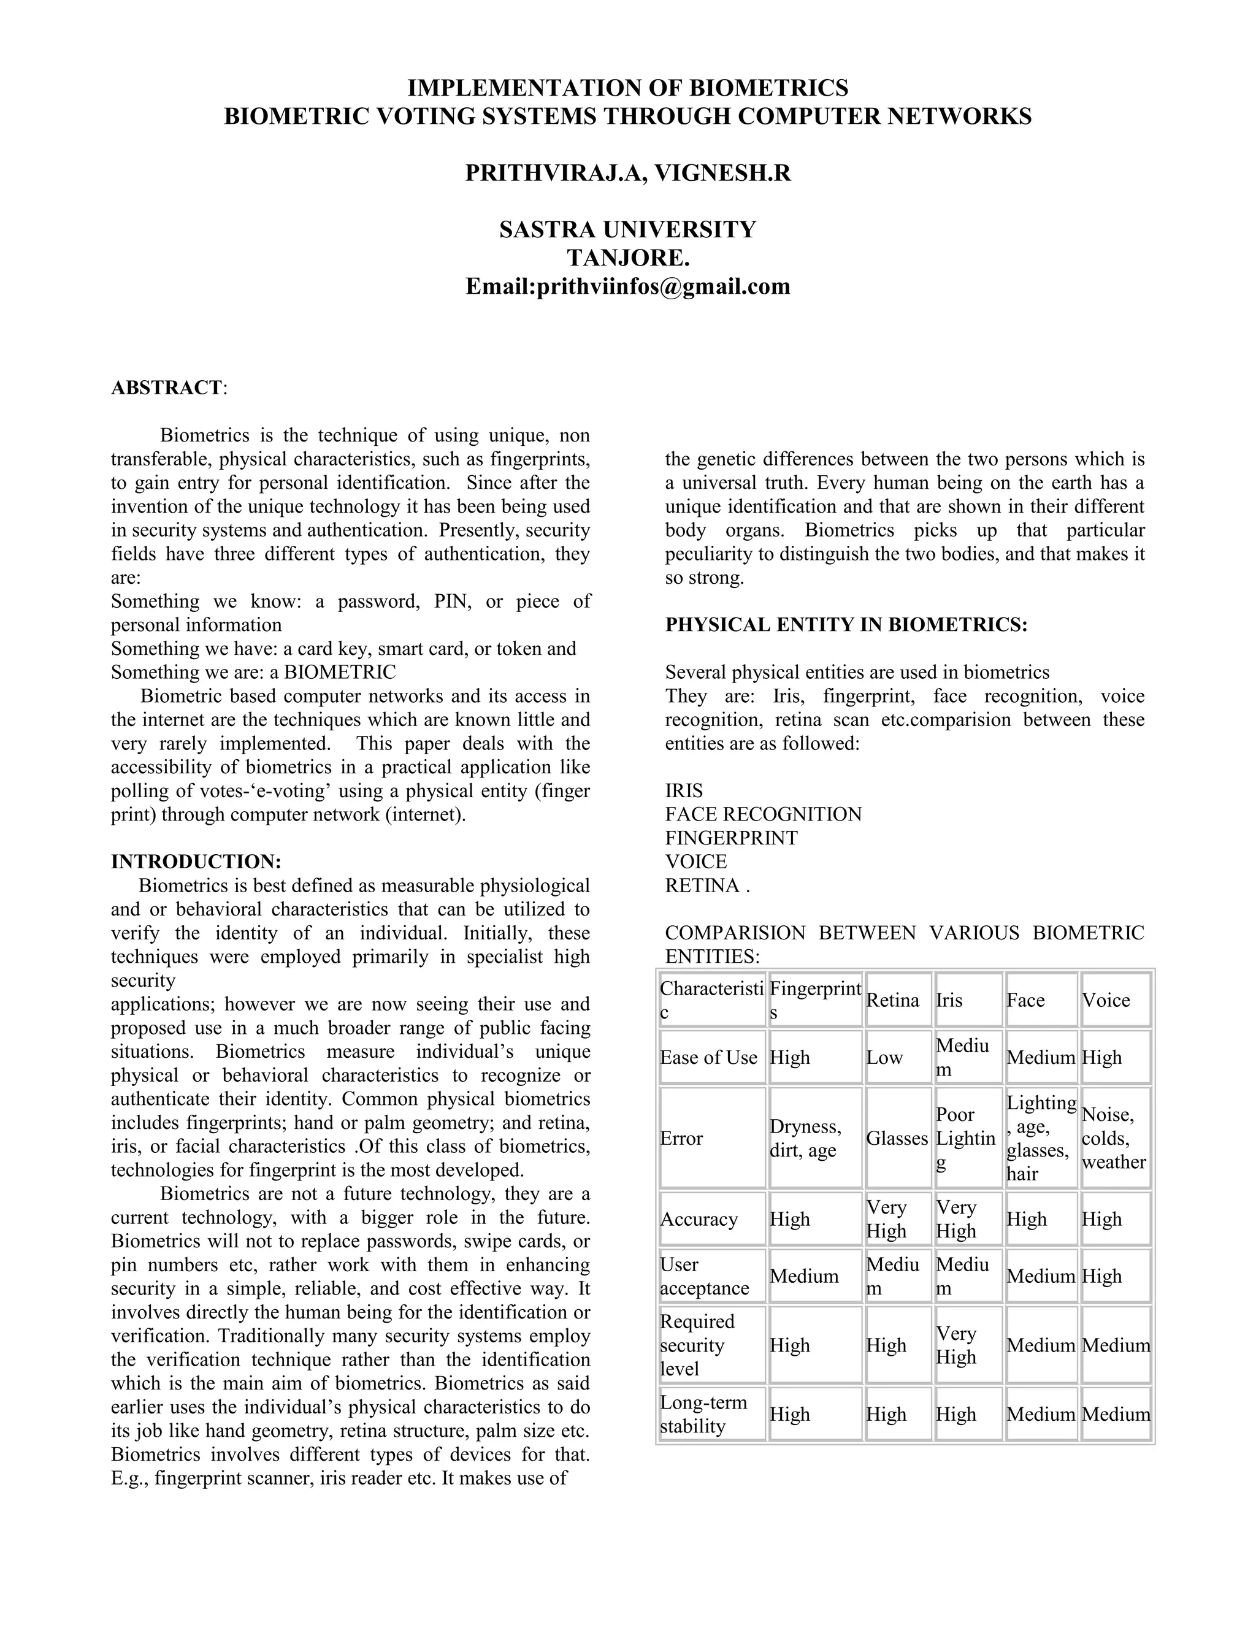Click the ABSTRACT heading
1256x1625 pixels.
(167, 388)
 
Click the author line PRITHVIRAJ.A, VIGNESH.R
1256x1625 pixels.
(628, 173)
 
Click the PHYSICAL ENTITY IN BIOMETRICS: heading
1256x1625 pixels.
(846, 625)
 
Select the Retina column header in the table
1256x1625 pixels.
(893, 1000)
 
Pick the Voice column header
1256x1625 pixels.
(1106, 1000)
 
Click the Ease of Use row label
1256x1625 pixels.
(708, 1057)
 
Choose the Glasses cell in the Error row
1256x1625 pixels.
(897, 1138)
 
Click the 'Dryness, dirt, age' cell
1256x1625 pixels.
(806, 1138)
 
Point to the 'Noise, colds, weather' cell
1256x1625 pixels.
(1114, 1138)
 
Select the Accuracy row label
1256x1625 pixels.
(699, 1219)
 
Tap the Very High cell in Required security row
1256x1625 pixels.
(956, 1345)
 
